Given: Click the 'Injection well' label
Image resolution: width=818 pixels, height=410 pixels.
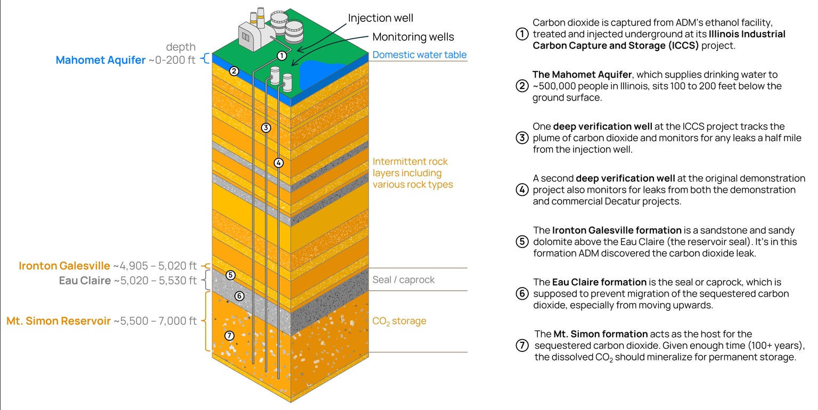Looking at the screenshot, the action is tap(381, 18).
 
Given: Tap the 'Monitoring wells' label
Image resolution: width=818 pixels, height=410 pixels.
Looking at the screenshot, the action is tap(413, 37).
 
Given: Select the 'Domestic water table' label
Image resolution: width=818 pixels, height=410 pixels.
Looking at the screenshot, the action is tap(419, 55).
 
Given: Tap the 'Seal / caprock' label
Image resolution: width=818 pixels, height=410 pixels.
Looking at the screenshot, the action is tap(403, 280).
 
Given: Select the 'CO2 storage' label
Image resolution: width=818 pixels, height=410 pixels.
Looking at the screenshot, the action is tap(399, 321).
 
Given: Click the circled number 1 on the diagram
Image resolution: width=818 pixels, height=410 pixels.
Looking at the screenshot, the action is tap(282, 55).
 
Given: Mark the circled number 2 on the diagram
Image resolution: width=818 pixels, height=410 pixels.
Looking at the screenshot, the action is tap(234, 71).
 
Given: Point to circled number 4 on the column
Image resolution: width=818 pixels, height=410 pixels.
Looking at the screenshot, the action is tap(279, 163).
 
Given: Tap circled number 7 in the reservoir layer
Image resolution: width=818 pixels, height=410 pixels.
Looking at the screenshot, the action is tap(230, 335).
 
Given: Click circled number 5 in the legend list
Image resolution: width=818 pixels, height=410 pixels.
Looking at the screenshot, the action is tap(522, 242).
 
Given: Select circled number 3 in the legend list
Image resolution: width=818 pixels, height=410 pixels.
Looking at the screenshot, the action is tap(522, 138).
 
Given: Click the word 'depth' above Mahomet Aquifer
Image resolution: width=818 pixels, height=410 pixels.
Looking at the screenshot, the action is tap(181, 47).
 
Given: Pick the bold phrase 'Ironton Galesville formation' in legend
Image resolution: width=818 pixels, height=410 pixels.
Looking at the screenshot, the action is tap(617, 231).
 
